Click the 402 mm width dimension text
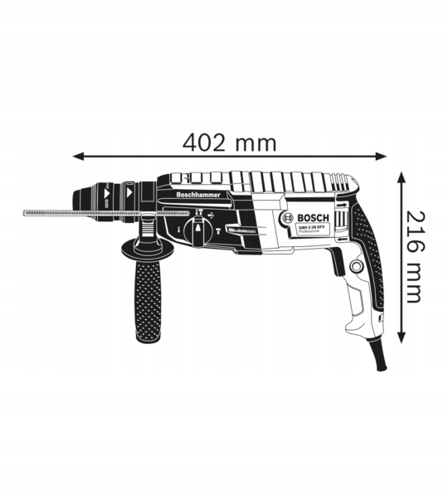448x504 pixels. click(x=229, y=142)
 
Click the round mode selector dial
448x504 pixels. click(x=199, y=227)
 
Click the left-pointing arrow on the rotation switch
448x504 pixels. click(x=341, y=218)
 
